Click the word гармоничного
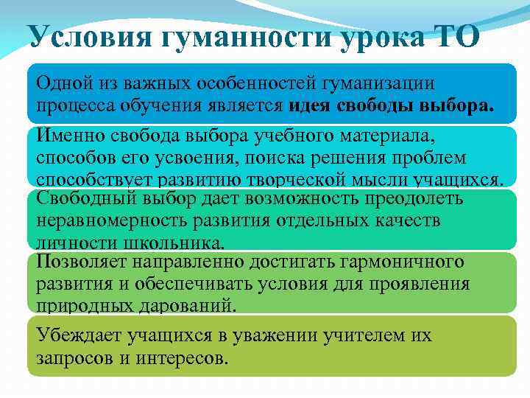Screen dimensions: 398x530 click(x=401, y=262)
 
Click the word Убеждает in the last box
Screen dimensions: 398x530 click(x=77, y=336)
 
